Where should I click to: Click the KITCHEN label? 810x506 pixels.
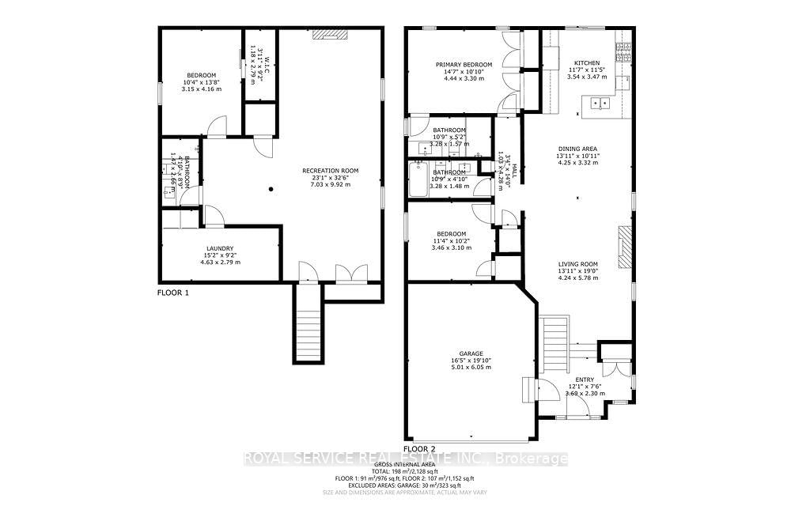(x=587, y=63)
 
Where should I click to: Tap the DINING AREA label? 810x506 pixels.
(x=577, y=148)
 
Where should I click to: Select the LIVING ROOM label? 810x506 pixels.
(x=577, y=264)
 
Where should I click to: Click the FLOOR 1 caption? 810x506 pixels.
(x=173, y=293)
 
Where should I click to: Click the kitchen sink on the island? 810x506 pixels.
(x=602, y=101)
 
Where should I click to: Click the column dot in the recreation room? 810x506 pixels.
(x=271, y=189)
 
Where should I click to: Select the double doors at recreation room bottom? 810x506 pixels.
(x=346, y=274)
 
